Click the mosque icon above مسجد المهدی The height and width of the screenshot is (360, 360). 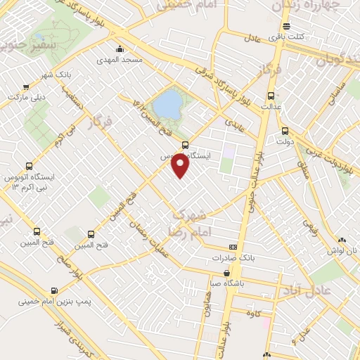121,49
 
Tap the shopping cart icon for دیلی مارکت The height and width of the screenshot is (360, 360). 27,86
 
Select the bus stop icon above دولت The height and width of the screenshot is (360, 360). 285,130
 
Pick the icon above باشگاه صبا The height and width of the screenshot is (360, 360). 226,273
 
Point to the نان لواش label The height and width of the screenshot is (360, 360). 345,251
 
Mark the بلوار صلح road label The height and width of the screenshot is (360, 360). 89,266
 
